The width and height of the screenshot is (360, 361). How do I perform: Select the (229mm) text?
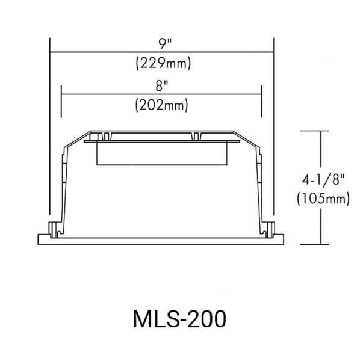(x=163, y=63)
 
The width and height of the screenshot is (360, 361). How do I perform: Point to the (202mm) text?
(x=162, y=105)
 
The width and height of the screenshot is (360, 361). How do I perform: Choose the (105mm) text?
(x=323, y=199)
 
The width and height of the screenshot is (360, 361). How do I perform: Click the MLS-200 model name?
(x=179, y=319)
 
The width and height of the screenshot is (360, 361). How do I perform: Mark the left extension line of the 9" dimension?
(x=50, y=126)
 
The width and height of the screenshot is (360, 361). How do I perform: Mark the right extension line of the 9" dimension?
(x=274, y=126)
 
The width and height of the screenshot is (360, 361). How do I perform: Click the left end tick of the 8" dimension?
(x=61, y=101)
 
